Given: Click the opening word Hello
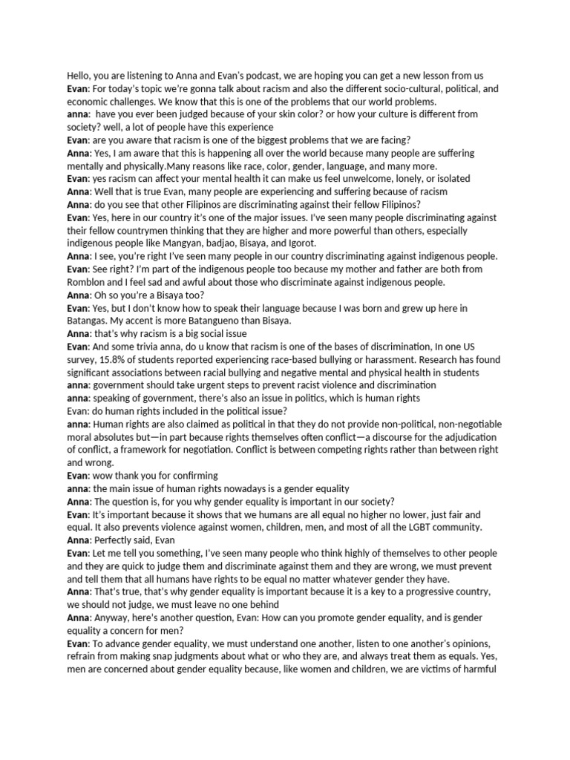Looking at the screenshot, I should (x=79, y=75).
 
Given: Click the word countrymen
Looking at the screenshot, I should (x=134, y=231).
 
